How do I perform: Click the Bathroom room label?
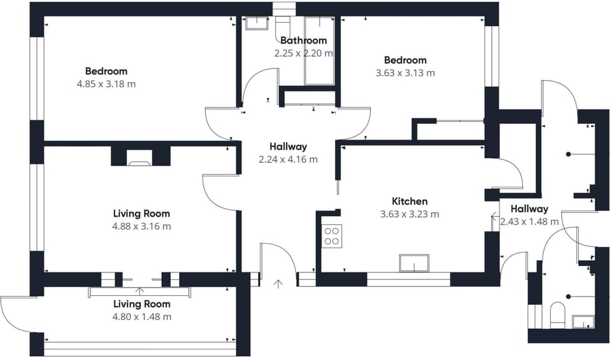click(x=304, y=41)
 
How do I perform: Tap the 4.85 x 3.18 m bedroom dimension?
click(x=106, y=84)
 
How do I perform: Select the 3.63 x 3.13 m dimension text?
click(x=405, y=73)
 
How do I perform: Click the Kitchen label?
click(x=410, y=201)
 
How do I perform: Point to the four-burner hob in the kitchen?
click(x=332, y=236)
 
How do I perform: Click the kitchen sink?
click(x=414, y=263)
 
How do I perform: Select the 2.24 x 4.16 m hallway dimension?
click(x=288, y=159)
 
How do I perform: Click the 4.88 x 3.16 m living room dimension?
click(x=142, y=226)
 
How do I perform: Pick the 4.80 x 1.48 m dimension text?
click(x=142, y=317)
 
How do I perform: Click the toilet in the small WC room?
click(x=557, y=315)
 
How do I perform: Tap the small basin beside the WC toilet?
click(x=583, y=321)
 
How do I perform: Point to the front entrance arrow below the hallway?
click(x=278, y=284)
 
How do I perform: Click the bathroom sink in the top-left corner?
click(x=256, y=23)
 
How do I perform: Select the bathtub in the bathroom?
click(x=320, y=51)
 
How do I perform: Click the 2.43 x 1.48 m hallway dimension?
click(x=529, y=222)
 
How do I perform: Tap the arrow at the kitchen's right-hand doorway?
click(x=495, y=215)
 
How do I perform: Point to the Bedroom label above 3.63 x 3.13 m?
click(x=405, y=60)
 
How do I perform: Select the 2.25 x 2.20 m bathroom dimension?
click(x=304, y=53)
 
